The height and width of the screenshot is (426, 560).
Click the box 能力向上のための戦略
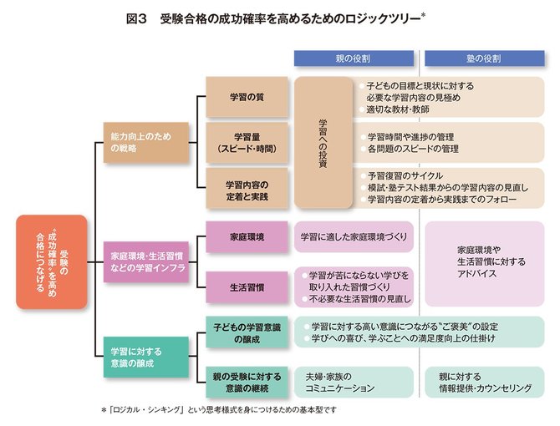coord(145,141)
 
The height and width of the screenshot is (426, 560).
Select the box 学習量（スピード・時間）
coord(247,142)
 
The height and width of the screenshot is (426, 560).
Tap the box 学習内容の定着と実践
coord(247,189)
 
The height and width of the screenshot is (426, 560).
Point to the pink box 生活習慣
coord(247,286)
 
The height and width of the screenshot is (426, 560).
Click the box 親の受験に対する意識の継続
coord(247,381)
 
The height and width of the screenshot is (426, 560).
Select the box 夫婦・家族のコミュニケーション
coord(354,381)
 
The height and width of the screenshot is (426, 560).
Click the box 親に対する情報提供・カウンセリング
coord(484,381)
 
